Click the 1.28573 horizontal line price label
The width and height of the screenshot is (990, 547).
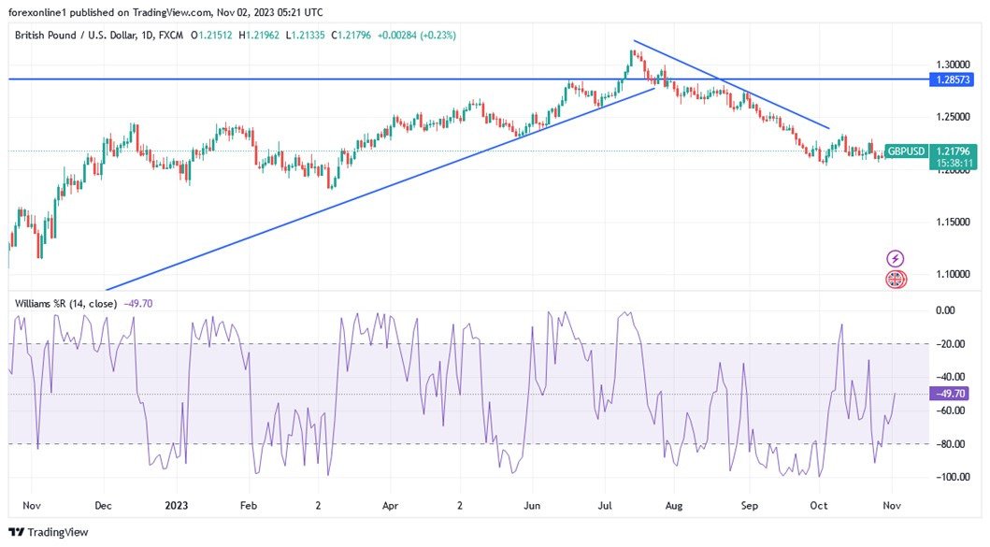[x=952, y=80]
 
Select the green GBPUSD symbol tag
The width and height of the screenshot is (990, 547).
[x=907, y=151]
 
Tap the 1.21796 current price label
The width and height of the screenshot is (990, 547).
[x=952, y=151]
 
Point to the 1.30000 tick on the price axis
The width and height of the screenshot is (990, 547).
[x=951, y=65]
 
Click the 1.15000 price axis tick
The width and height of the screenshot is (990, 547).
[x=951, y=223]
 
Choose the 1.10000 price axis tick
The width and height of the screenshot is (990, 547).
[x=951, y=274]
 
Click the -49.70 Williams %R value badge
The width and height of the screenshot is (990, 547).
[x=951, y=394]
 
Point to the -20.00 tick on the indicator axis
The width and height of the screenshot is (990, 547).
[x=951, y=344]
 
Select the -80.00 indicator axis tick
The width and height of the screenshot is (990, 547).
[x=951, y=444]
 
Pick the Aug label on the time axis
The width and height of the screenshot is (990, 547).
[x=674, y=505]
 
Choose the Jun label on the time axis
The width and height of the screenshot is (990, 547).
[x=532, y=505]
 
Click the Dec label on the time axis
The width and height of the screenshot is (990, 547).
[x=103, y=505]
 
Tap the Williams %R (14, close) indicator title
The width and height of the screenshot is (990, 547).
[x=65, y=304]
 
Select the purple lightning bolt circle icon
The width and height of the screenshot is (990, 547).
[x=895, y=258]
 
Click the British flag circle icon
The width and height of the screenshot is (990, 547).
[x=895, y=279]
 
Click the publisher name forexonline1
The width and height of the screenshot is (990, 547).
[x=42, y=11]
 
